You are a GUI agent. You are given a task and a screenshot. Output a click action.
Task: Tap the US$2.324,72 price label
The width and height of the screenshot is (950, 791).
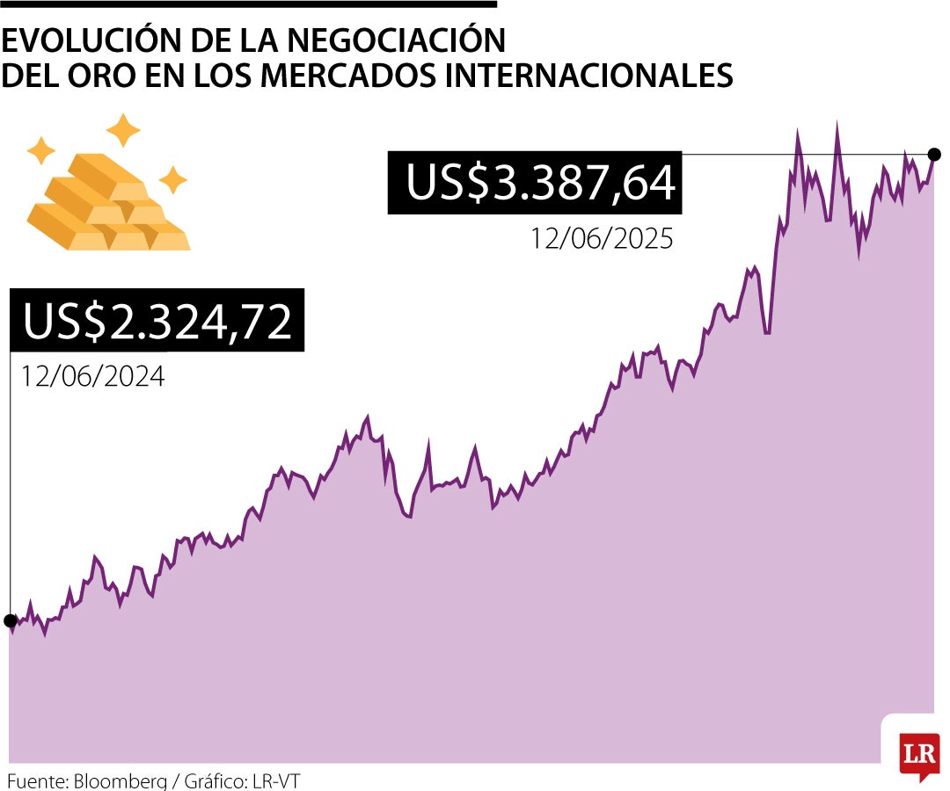(157, 321)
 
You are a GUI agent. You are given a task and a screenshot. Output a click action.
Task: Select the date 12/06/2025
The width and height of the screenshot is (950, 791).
(601, 238)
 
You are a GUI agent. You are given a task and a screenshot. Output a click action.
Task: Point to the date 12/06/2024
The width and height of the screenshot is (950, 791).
(93, 376)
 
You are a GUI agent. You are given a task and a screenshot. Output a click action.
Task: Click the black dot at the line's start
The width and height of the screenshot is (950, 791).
(10, 620)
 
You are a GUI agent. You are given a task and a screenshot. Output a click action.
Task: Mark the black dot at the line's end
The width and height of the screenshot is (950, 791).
(935, 155)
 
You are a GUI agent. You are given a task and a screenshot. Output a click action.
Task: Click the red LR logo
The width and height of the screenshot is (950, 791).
(919, 753)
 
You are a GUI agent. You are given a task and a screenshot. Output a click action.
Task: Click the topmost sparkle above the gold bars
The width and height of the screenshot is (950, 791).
(123, 130)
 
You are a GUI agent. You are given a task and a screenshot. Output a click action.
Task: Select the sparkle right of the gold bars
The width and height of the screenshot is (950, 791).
(172, 179)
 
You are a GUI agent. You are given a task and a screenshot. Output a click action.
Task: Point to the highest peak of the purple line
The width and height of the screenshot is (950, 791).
(837, 124)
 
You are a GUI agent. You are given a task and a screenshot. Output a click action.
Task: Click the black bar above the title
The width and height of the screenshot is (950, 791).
(249, 4)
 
